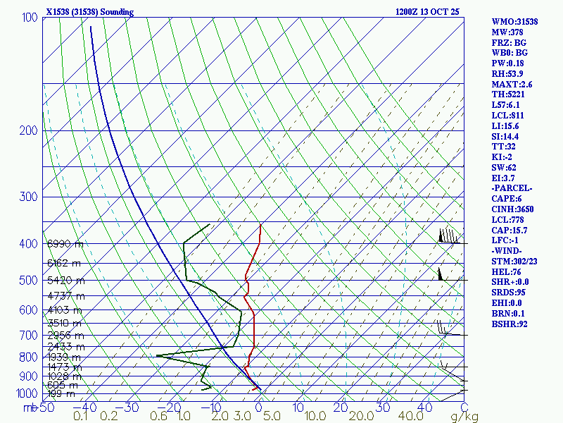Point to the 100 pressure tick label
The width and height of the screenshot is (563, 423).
[30, 17]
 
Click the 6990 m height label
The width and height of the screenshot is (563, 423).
[65, 244]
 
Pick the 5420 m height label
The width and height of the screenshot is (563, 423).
[65, 281]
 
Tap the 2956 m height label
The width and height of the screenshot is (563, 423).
[65, 336]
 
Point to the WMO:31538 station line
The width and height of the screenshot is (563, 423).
[514, 22]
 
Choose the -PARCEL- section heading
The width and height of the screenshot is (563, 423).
[512, 188]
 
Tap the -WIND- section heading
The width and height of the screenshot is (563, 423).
[510, 250]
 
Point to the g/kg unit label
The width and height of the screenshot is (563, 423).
[464, 417]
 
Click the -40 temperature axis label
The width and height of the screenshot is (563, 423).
[89, 407]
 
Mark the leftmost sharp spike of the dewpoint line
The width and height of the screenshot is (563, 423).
[156, 356]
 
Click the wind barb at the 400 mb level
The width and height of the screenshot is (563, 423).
[449, 237]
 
